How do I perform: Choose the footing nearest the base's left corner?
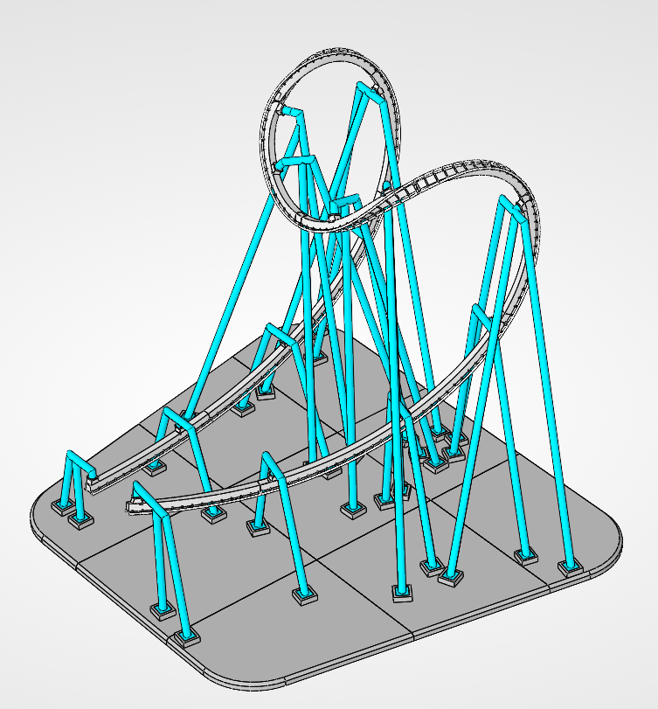point(63,507)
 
